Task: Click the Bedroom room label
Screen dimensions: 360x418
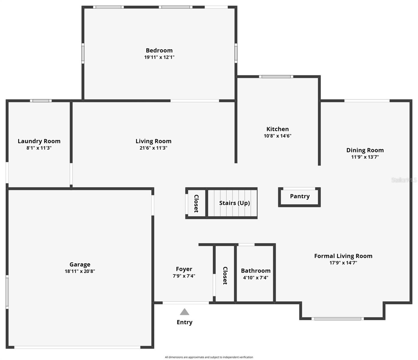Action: point(159,50)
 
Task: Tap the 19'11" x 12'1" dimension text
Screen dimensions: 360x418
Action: point(159,57)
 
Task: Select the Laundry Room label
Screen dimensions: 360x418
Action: point(39,141)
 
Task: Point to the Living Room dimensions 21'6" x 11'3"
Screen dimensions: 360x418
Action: point(153,148)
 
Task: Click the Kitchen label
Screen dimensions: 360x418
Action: point(278,129)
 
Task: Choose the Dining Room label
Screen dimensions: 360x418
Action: point(365,150)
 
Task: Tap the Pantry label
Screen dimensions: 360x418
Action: point(300,196)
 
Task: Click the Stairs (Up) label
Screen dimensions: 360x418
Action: point(234,203)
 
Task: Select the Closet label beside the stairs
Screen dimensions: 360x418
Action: point(196,203)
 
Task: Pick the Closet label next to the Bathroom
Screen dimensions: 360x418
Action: point(225,275)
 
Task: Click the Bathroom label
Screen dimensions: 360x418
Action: point(256,271)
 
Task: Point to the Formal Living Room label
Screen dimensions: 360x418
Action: point(343,256)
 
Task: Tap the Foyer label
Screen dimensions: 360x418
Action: point(184,269)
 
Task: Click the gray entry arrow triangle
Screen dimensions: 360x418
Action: point(185,312)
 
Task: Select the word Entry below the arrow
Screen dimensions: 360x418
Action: point(185,322)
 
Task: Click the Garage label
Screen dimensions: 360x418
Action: point(80,264)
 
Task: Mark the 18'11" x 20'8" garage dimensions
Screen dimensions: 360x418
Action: point(80,271)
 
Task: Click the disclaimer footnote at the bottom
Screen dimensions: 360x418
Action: point(209,357)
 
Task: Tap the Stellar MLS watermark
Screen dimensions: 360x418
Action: point(404,180)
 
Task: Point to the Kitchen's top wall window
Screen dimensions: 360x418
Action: point(276,76)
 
